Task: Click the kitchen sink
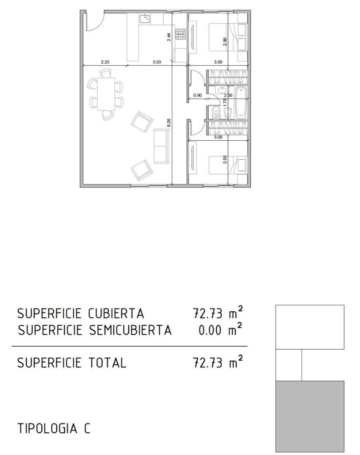pyautogui.click(x=145, y=19)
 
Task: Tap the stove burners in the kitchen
pyautogui.click(x=180, y=35)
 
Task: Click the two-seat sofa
pyautogui.click(x=161, y=146)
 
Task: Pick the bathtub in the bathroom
pyautogui.click(x=241, y=103)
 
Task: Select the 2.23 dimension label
pyautogui.click(x=105, y=62)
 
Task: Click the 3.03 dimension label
pyautogui.click(x=157, y=62)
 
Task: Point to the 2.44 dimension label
pyautogui.click(x=169, y=37)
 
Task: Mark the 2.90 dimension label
pyautogui.click(x=225, y=42)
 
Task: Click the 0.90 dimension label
pyautogui.click(x=197, y=95)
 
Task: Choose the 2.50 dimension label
pyautogui.click(x=225, y=160)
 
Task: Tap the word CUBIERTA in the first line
pyautogui.click(x=116, y=313)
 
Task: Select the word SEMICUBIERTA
pyautogui.click(x=130, y=330)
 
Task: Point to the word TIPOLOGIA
pyautogui.click(x=48, y=428)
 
